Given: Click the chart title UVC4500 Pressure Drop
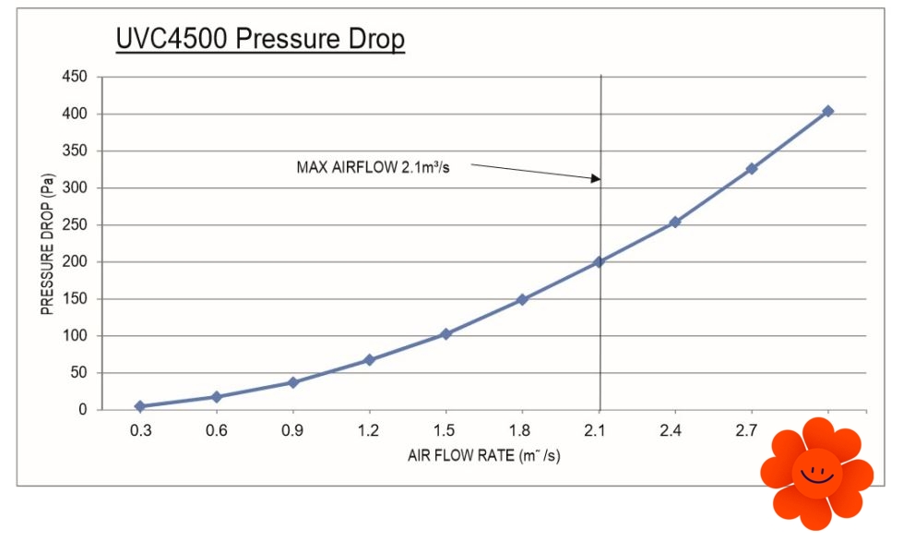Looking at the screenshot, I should (259, 41).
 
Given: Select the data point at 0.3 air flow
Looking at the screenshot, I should (140, 406).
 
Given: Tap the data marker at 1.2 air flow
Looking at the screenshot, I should (369, 359).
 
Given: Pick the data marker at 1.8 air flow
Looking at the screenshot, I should (522, 299).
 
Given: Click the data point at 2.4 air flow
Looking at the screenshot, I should (675, 222).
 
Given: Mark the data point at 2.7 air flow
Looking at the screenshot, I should (752, 168).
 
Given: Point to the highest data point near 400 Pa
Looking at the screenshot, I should (827, 111).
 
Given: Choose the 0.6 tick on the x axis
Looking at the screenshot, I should (216, 430).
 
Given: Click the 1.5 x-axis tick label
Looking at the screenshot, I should (446, 430).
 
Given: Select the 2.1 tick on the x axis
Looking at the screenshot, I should (599, 430).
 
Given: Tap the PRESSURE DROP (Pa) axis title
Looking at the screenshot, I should (46, 245).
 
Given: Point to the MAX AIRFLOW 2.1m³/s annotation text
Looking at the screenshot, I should (372, 167).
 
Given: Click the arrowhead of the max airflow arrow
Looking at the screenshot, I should (596, 178).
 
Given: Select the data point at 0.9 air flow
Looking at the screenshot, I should (292, 382).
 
